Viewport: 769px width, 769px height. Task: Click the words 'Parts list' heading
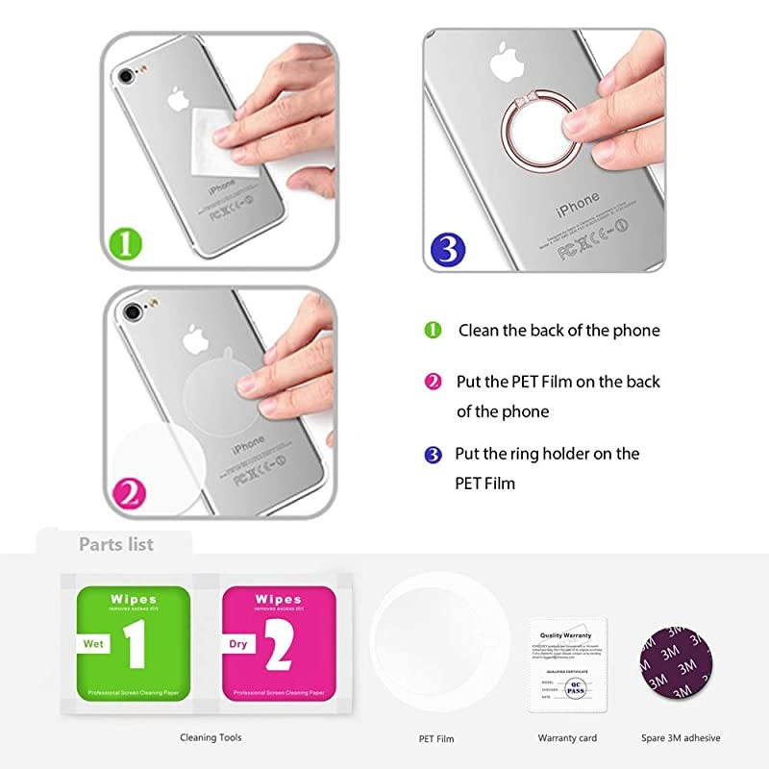point(116,544)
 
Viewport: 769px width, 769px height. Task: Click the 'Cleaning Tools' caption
point(211,737)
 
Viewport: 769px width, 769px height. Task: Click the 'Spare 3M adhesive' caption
point(681,738)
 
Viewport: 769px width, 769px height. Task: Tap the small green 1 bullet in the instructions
point(434,330)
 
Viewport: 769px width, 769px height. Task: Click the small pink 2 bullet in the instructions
point(434,382)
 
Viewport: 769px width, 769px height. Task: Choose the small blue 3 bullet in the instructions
point(434,454)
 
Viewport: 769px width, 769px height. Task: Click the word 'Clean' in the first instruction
point(480,330)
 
